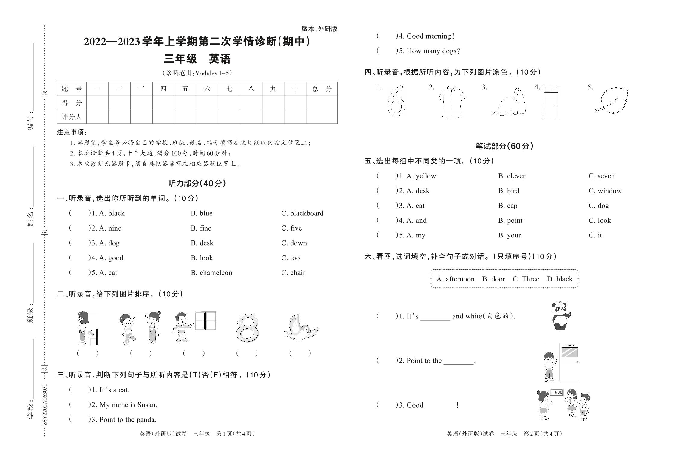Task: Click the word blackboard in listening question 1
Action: click(x=307, y=213)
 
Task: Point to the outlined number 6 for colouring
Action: click(x=396, y=101)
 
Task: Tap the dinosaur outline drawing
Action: click(x=509, y=102)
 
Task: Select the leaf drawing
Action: click(x=612, y=101)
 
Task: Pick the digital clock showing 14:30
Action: click(x=557, y=392)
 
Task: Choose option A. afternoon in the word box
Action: click(x=455, y=279)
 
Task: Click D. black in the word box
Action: click(x=559, y=279)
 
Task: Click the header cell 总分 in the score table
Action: click(x=322, y=89)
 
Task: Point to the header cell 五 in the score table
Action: click(x=185, y=89)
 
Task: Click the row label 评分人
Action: click(x=72, y=117)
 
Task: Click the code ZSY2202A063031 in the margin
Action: click(x=45, y=404)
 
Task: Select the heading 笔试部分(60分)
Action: click(x=504, y=146)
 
